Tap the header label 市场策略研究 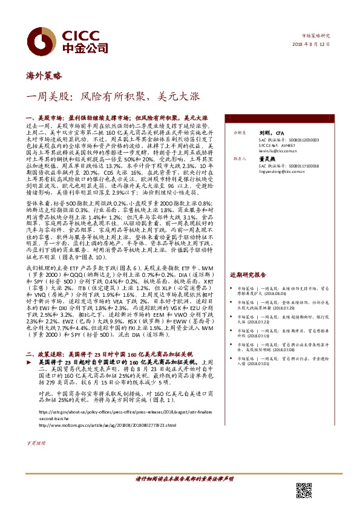(319, 36)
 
